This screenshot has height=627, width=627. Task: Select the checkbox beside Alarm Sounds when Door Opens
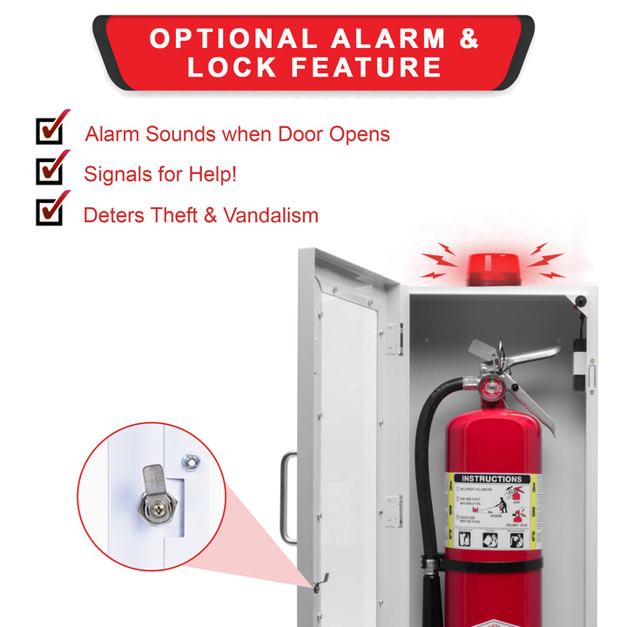[50, 130]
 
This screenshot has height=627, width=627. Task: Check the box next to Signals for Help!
[50, 170]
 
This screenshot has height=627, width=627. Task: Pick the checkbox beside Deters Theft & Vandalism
[50, 210]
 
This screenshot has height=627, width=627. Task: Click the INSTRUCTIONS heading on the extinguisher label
[493, 478]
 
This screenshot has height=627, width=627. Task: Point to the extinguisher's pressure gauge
[494, 387]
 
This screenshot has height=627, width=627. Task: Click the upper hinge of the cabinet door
[395, 339]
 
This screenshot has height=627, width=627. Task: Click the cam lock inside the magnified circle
[155, 496]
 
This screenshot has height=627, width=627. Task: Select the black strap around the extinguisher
[488, 564]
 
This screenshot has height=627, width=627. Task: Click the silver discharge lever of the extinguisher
[527, 354]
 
